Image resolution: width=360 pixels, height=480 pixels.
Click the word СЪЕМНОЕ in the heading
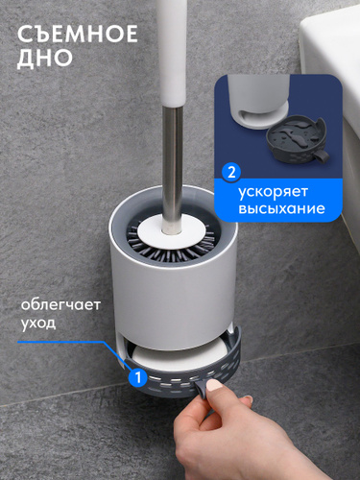78,34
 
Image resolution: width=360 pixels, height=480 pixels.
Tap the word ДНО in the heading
45,59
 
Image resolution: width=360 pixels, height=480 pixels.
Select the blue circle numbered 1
138,377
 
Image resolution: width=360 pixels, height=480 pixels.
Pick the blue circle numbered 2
231,173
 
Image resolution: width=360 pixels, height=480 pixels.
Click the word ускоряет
273,192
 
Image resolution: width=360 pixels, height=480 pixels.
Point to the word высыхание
281,208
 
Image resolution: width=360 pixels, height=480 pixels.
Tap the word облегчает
60,304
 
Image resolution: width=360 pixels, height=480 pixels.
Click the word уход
38,323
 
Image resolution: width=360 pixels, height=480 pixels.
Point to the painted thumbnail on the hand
214,385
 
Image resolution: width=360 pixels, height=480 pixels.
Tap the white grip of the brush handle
173,53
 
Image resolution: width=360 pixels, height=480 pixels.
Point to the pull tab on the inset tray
321,156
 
